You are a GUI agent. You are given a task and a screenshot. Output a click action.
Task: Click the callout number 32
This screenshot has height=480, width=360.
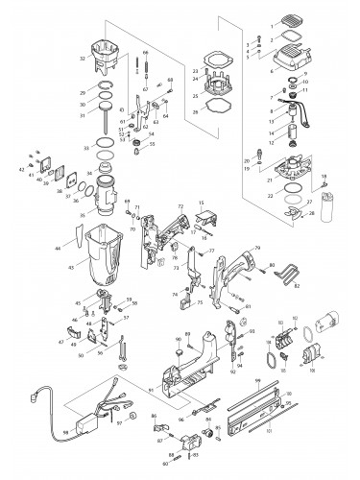[x=84, y=59]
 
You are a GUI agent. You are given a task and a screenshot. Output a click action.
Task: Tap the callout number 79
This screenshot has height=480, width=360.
[x=257, y=248]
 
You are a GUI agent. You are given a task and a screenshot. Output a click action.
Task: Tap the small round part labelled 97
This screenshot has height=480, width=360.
[x=120, y=424]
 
